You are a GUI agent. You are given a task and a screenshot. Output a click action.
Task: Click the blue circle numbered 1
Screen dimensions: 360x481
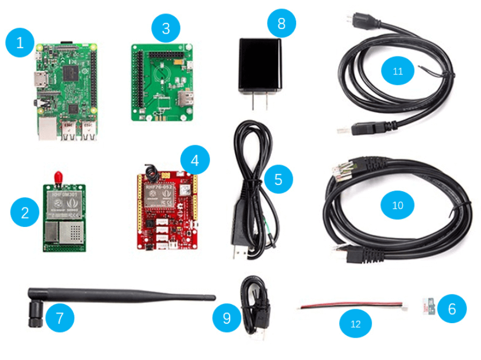pos(21,42)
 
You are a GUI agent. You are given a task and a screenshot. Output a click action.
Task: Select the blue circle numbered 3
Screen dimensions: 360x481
pos(166,28)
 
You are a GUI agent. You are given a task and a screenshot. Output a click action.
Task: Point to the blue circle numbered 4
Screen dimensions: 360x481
pos(194,161)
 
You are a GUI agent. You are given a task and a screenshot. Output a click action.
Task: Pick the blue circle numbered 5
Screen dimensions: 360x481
pos(278,180)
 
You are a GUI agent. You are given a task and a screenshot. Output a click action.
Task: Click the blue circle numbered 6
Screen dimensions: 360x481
pos(451,308)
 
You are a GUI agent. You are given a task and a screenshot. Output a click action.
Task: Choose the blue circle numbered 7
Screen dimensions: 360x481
pos(60,318)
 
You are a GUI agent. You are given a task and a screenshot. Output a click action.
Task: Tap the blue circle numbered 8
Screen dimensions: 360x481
pos(281,23)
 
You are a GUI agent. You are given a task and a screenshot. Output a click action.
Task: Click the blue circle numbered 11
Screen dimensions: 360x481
pos(398,72)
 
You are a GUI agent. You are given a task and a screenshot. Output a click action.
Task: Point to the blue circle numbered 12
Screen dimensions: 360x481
pos(355,324)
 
